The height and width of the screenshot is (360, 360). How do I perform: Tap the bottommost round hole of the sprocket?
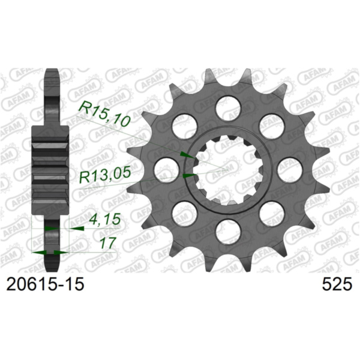[x=228, y=230]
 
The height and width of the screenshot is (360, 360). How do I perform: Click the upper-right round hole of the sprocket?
[x=271, y=125]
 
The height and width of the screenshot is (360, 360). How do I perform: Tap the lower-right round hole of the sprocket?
[x=271, y=213]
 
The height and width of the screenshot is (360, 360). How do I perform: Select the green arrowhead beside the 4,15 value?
[x=78, y=229]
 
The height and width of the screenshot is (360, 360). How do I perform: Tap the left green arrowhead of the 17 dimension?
[x=40, y=253]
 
